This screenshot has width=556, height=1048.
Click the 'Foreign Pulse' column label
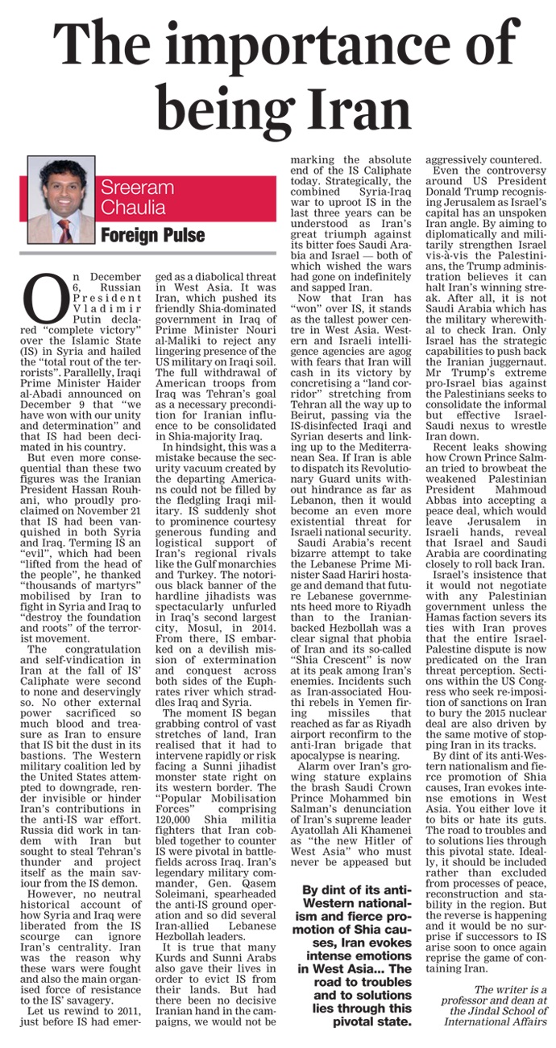(x=151, y=234)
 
